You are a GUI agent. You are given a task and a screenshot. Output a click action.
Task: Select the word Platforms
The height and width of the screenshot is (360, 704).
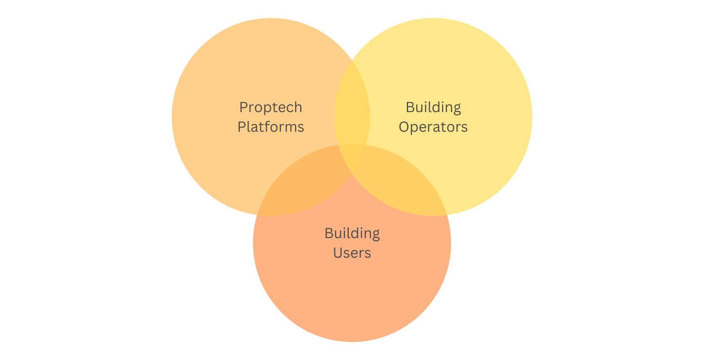point(271,127)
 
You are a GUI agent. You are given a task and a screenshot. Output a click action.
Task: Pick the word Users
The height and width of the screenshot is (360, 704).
point(352,253)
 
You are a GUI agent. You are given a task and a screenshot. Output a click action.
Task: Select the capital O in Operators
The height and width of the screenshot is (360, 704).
point(404,127)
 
